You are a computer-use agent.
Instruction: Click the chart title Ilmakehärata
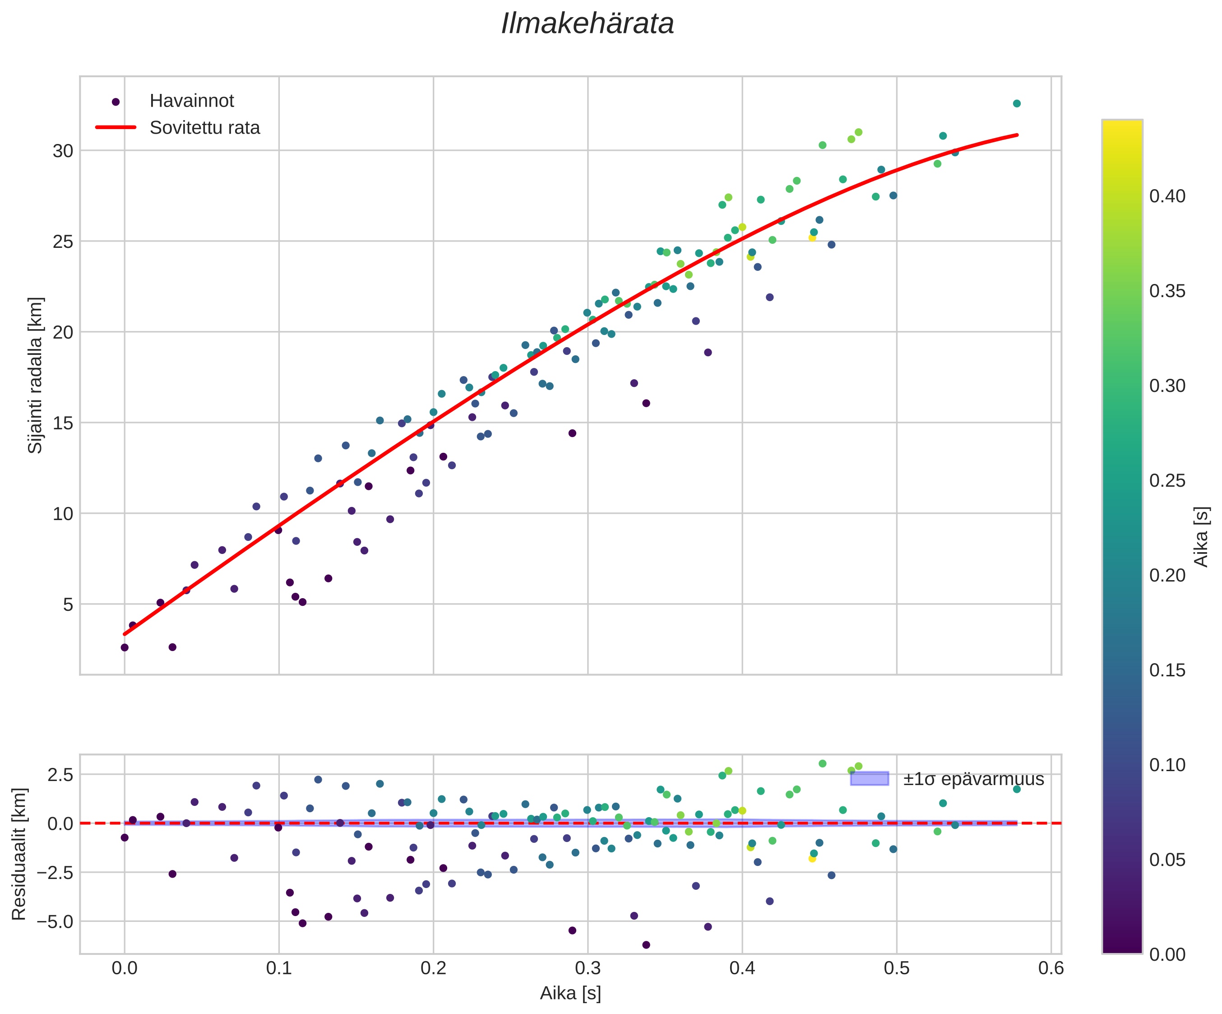(587, 24)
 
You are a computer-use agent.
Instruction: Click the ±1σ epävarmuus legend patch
(870, 778)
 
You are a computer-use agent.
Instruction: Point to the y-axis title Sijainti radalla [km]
(36, 376)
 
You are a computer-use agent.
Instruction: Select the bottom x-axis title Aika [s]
(570, 993)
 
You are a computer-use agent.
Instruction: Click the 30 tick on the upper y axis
(63, 151)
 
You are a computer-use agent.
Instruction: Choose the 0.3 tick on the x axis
(588, 968)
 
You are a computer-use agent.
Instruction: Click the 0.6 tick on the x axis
(1051, 968)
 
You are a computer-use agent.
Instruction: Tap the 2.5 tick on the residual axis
(60, 775)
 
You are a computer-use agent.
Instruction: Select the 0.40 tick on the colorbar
(1167, 196)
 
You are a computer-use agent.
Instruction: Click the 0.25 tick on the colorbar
(1167, 481)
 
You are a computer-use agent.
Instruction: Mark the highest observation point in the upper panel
(1017, 103)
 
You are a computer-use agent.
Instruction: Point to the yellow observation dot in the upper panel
(812, 237)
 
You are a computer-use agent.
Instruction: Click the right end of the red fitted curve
(1017, 135)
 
